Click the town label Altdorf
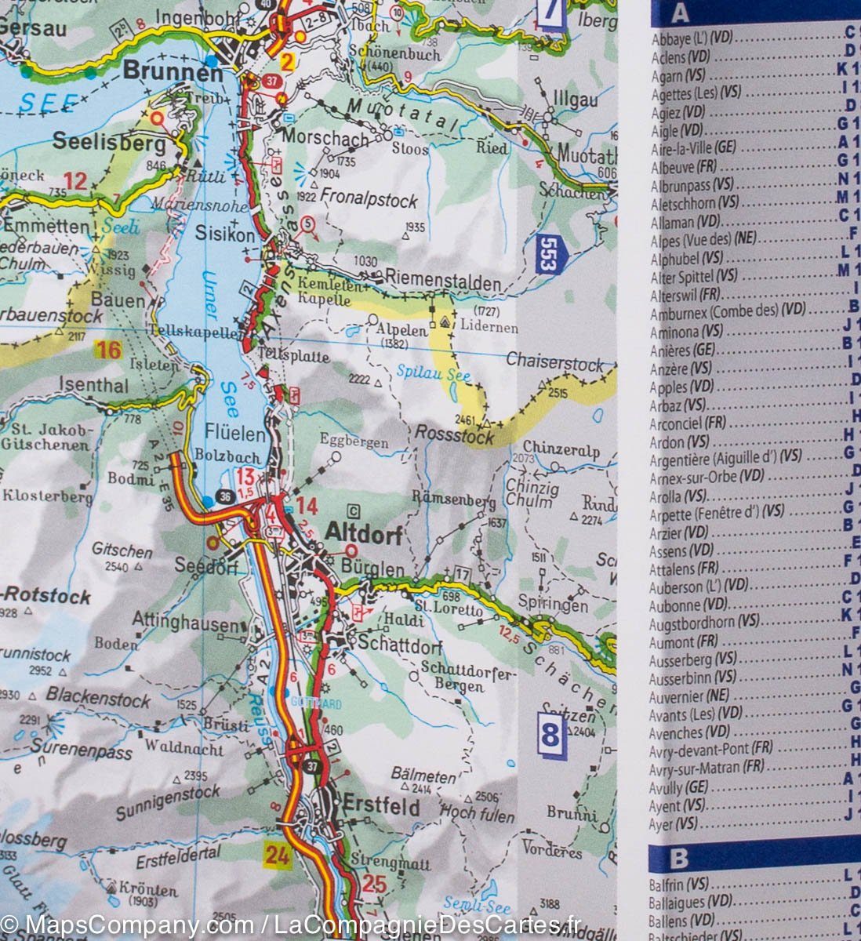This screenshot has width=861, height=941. [x=363, y=534]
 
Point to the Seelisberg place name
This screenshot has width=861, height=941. [x=109, y=143]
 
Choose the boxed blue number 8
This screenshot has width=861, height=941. [x=550, y=736]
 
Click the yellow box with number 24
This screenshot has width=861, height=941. [x=278, y=855]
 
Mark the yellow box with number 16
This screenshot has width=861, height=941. [x=108, y=350]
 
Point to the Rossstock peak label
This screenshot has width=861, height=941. [x=454, y=434]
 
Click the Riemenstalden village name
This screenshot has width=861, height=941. [x=442, y=282]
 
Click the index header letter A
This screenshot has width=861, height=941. [x=680, y=13]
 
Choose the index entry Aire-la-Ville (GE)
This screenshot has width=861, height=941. [x=693, y=147]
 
